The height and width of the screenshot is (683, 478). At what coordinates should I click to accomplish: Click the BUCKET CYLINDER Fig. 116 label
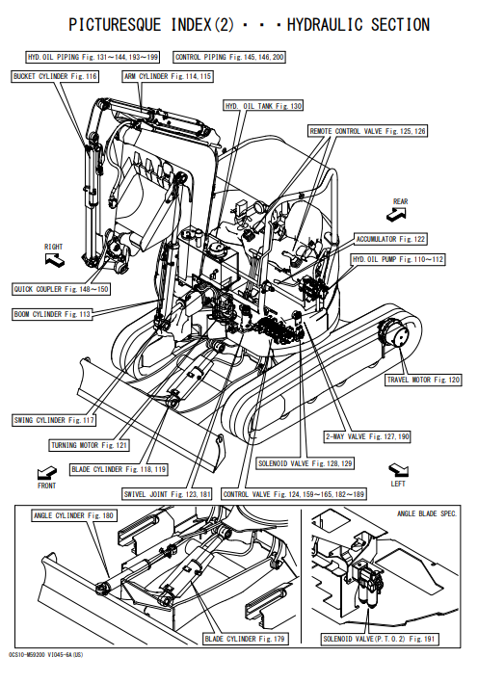tap(55, 77)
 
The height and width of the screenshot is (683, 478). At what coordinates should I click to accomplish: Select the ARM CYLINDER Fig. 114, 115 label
tap(168, 77)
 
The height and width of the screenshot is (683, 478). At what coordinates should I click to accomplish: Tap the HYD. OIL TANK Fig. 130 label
tap(263, 106)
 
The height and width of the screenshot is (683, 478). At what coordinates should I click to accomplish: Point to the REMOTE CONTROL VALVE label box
tap(367, 131)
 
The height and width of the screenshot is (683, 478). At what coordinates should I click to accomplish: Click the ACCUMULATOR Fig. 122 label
tap(390, 239)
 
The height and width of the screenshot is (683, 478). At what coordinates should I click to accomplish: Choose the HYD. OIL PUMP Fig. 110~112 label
tap(398, 259)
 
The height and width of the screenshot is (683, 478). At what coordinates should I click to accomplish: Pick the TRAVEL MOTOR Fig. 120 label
tap(423, 380)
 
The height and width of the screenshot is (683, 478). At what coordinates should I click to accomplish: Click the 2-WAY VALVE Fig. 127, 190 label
tap(367, 436)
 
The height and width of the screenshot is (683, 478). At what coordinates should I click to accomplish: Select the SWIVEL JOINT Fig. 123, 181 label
tap(168, 494)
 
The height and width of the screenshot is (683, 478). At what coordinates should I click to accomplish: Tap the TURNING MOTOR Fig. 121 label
tap(89, 445)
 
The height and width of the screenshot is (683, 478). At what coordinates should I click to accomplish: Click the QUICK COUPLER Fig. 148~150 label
tap(61, 289)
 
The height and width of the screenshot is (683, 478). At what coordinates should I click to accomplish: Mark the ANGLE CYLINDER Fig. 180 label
tap(73, 515)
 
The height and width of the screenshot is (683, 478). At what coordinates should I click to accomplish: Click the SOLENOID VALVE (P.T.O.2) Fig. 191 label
tap(379, 639)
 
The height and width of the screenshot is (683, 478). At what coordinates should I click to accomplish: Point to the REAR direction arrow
tap(396, 214)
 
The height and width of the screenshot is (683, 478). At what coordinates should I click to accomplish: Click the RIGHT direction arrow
tap(55, 260)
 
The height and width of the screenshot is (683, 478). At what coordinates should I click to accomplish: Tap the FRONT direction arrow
tap(46, 472)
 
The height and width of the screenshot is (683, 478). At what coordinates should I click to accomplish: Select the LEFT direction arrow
tap(399, 470)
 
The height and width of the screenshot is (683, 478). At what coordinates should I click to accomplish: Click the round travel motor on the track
tap(395, 333)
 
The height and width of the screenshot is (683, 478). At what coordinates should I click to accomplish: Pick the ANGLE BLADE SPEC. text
tap(427, 514)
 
